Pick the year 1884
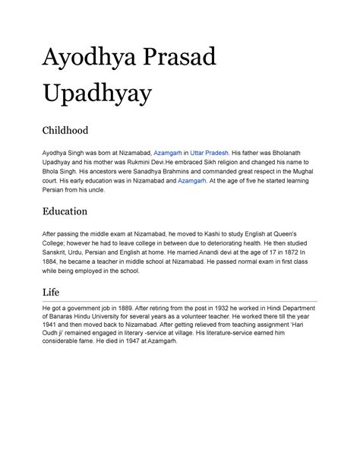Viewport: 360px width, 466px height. pyautogui.click(x=52, y=262)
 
